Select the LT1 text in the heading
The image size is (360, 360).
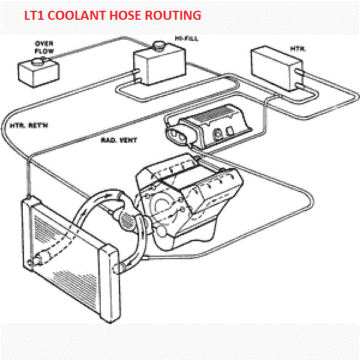tap(34, 16)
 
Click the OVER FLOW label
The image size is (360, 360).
tap(44, 47)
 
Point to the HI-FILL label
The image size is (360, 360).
tap(187, 38)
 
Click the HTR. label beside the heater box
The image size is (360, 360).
tap(298, 49)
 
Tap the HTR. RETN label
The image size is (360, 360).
tap(29, 125)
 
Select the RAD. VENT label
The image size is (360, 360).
tap(119, 140)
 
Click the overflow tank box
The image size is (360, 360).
tap(38, 73)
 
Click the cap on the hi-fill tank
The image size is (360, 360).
tap(159, 45)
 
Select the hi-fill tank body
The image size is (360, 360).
tap(160, 65)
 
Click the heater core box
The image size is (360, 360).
tap(277, 68)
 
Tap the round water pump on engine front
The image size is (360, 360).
tap(127, 221)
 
